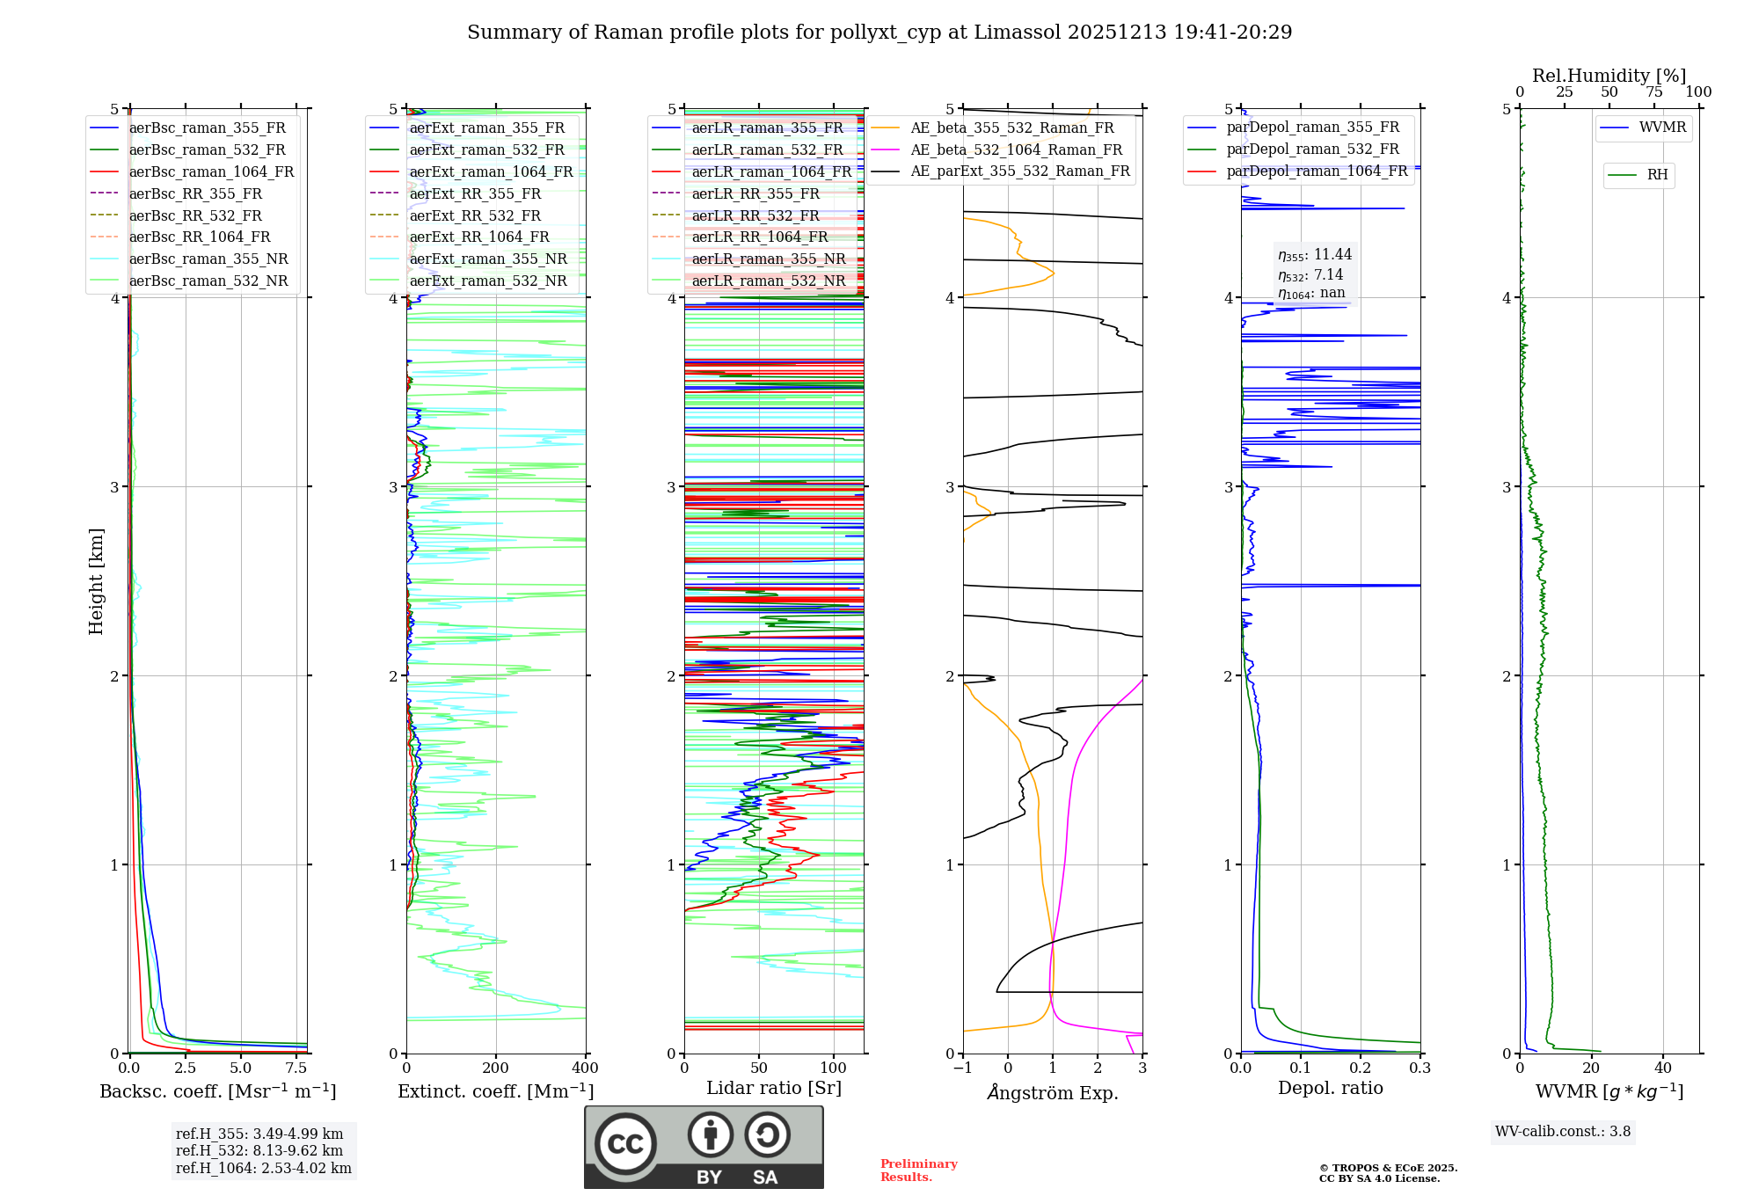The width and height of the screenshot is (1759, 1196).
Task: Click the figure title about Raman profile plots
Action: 879,33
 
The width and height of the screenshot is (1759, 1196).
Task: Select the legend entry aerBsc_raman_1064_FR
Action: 211,171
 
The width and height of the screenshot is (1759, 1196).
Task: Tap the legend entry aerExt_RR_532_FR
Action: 475,215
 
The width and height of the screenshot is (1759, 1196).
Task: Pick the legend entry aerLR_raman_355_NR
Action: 768,259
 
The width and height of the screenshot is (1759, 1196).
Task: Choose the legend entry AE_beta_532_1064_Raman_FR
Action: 1016,149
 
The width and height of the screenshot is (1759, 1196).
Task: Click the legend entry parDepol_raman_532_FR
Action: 1312,149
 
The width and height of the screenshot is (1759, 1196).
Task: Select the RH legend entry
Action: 1657,175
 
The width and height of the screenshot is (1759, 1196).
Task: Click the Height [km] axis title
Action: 96,581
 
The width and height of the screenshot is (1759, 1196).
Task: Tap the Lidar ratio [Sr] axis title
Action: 774,1088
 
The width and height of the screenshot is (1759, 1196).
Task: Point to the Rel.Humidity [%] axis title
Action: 1609,76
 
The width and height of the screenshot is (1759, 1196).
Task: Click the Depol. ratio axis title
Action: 1330,1088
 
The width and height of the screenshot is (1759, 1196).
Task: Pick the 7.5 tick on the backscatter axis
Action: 296,1068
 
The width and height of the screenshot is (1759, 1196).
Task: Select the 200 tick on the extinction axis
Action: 496,1068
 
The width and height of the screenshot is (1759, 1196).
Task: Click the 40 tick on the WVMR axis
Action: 1663,1068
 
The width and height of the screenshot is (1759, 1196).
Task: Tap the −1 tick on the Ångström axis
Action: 963,1068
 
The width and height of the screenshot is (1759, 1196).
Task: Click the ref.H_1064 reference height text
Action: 263,1168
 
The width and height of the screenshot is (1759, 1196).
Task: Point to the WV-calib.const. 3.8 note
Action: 1563,1132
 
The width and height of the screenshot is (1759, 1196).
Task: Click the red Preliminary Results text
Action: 918,1170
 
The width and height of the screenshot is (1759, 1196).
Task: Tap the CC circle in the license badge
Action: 625,1144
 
